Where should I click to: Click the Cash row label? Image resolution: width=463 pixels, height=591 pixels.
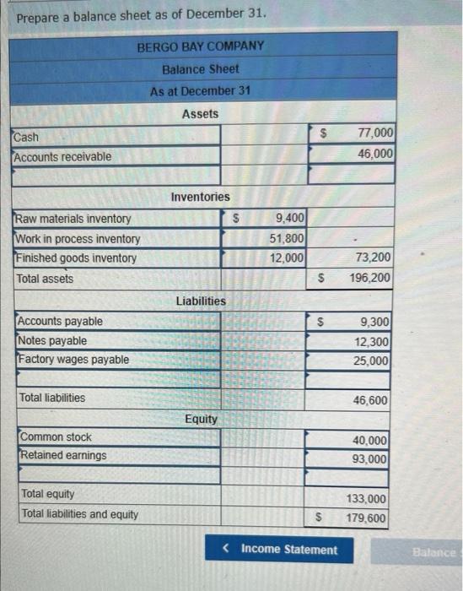[x=26, y=137]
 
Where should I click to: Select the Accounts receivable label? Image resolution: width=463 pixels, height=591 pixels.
[x=62, y=156]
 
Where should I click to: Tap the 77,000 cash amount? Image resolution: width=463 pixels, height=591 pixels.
[x=375, y=133]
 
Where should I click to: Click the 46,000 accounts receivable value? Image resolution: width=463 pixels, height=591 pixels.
[x=375, y=154]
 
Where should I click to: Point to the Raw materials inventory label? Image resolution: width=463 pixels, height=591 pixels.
[x=74, y=219]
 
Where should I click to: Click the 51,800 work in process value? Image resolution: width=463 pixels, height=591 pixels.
[x=288, y=239]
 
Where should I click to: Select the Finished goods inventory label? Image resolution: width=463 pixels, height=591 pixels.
[x=77, y=258]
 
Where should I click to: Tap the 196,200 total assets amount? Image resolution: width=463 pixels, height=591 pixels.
[x=370, y=278]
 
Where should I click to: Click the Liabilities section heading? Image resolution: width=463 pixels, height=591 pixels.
[x=201, y=301]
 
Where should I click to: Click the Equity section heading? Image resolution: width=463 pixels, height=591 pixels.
[x=201, y=419]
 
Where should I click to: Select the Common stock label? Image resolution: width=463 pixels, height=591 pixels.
[x=56, y=437]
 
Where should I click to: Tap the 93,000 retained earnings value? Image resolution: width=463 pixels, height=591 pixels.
[x=372, y=459]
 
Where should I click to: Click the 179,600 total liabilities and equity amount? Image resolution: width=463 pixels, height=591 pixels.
[x=368, y=518]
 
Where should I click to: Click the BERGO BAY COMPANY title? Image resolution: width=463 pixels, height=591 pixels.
[x=201, y=46]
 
